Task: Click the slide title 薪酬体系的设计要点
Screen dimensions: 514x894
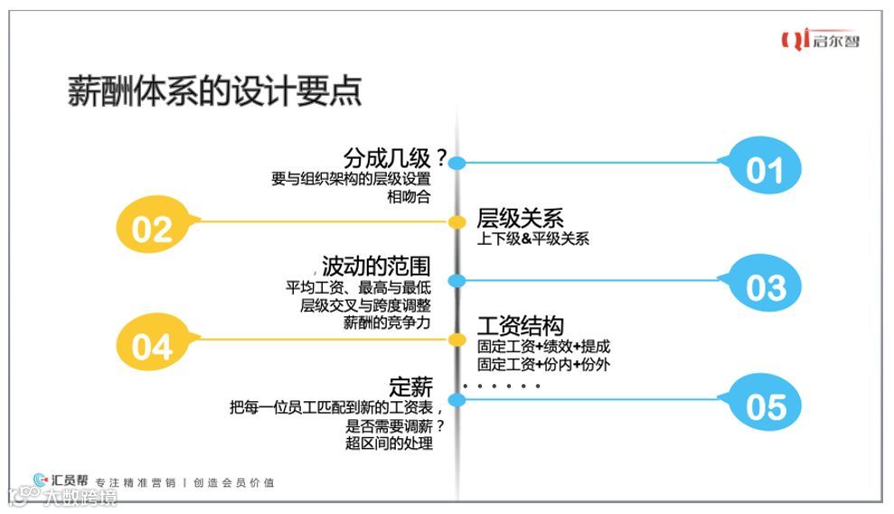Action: pos(215,91)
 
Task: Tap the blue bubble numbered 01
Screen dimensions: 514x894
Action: pos(765,169)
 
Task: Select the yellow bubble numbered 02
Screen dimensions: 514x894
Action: pos(152,229)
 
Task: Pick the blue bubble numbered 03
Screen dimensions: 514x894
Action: pos(765,286)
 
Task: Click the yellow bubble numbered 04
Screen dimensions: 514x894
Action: pos(152,346)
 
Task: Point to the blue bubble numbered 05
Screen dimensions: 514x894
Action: pos(765,407)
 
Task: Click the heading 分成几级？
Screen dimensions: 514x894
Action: pos(396,158)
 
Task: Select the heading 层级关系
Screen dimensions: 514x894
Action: pos(520,218)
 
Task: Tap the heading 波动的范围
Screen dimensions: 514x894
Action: pos(376,266)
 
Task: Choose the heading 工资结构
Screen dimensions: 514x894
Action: pos(520,325)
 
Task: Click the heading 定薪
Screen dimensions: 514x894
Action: pos(411,387)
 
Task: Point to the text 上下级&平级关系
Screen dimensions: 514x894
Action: pos(533,239)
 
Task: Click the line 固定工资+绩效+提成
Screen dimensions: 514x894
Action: pos(543,346)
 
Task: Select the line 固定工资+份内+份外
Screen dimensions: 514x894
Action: pos(543,365)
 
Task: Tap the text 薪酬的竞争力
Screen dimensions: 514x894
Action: pos(387,323)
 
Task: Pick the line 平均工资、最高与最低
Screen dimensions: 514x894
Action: pos(359,287)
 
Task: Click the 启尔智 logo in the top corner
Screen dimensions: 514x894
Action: pos(821,41)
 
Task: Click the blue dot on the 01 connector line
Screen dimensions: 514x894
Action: pos(457,164)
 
